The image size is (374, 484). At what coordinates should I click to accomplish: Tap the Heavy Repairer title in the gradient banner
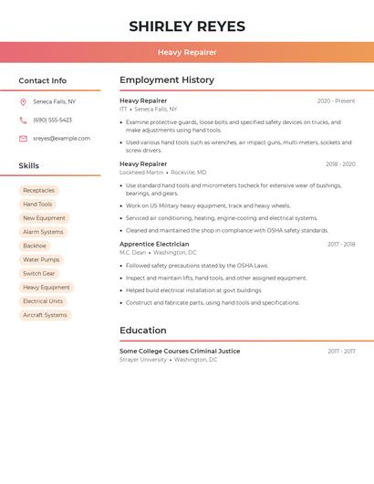click(x=187, y=52)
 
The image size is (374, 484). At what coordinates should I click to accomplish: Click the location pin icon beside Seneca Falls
click(x=23, y=101)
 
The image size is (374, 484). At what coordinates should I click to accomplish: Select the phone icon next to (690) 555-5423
click(x=23, y=120)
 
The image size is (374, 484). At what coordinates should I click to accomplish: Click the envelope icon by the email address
click(x=23, y=139)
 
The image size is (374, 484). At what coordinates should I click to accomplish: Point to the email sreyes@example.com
click(x=61, y=139)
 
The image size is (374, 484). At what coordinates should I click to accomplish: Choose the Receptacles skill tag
click(x=39, y=191)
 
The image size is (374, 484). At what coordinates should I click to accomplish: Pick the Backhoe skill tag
click(x=35, y=246)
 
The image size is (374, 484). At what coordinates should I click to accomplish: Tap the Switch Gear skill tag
click(x=39, y=273)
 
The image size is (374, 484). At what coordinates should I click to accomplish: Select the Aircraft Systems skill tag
click(x=45, y=315)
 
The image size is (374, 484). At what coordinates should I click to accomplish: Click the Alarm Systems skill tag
click(x=43, y=232)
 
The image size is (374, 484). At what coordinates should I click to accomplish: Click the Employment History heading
click(x=167, y=80)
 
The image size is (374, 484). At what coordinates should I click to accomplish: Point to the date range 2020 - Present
click(x=336, y=101)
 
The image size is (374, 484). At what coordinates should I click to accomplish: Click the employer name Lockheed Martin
click(x=141, y=172)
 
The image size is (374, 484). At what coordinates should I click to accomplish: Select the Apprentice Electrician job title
click(x=154, y=244)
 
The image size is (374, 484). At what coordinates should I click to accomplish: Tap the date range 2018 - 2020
click(x=340, y=164)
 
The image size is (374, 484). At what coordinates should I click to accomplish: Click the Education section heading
click(x=143, y=331)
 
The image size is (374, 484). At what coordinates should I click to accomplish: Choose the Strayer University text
click(x=143, y=360)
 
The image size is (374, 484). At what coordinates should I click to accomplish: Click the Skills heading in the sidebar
click(x=29, y=166)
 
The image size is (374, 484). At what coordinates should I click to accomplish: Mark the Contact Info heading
click(x=43, y=80)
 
